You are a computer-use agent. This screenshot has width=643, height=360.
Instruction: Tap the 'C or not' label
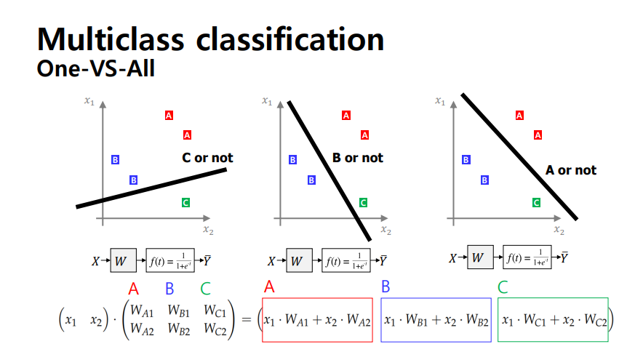[207, 158]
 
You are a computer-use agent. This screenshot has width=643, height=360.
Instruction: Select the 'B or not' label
[357, 158]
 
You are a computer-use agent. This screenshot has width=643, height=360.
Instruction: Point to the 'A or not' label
[571, 170]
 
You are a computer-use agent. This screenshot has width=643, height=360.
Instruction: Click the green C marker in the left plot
[185, 203]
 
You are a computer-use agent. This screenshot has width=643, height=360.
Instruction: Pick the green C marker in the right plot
[537, 203]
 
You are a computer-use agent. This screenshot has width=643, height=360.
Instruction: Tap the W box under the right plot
[477, 257]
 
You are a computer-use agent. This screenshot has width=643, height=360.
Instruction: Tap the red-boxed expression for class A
[318, 319]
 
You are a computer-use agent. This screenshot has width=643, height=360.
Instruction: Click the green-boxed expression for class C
[553, 319]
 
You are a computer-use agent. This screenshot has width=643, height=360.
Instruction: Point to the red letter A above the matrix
[133, 289]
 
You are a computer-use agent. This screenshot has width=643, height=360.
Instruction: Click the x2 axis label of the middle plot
[386, 231]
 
